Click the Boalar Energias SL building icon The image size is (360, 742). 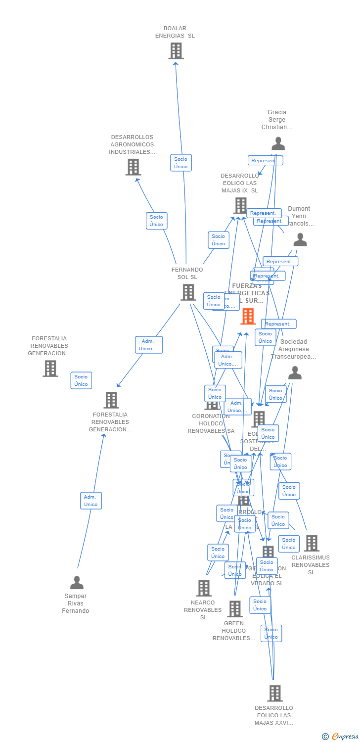click(x=176, y=51)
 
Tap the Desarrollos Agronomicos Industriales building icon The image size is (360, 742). click(x=133, y=167)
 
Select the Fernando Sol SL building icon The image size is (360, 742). click(x=188, y=292)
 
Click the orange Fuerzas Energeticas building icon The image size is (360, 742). click(x=248, y=316)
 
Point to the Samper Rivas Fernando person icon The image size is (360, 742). click(x=77, y=583)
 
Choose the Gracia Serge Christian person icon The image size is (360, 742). click(x=278, y=143)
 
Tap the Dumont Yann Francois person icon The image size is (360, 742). click(x=300, y=240)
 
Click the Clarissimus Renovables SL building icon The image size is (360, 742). click(x=312, y=543)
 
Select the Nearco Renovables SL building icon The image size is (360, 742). click(x=204, y=588)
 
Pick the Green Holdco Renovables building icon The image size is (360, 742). click(x=235, y=609)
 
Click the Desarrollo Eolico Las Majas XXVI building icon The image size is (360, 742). click(x=275, y=694)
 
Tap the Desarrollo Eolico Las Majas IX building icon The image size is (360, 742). click(x=240, y=205)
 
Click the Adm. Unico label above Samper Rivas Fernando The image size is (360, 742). click(x=91, y=501)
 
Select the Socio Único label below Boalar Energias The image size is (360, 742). click(x=181, y=163)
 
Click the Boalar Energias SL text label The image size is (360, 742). click(x=175, y=32)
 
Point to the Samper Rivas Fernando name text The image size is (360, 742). click(x=76, y=603)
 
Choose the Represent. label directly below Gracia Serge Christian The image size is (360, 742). click(x=265, y=160)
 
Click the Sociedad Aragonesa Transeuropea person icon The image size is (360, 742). click(x=295, y=373)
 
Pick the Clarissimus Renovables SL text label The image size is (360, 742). click(x=311, y=565)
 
